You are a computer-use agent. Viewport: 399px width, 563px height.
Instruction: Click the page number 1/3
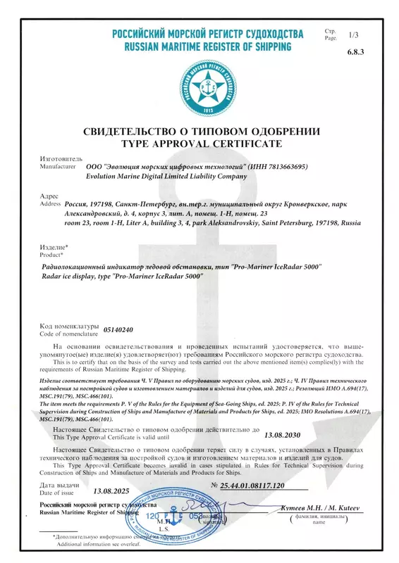coord(353,34)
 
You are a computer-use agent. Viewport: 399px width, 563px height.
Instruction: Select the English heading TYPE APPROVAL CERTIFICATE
coord(202,144)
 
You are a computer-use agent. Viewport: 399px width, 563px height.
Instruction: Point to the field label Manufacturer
coord(57,167)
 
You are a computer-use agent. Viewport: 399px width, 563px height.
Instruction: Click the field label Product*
coord(52,254)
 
